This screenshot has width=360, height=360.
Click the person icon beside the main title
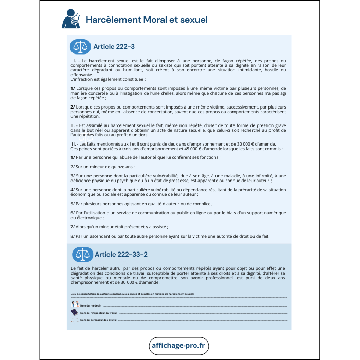pyautogui.click(x=70, y=19)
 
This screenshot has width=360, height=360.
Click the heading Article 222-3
pyautogui.click(x=114, y=47)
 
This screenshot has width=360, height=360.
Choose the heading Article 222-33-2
pyautogui.click(x=121, y=254)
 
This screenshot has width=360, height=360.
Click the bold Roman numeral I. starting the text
pyautogui.click(x=75, y=61)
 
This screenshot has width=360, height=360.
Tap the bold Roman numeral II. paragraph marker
pyautogui.click(x=73, y=125)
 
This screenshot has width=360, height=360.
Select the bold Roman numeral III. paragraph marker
pyautogui.click(x=74, y=143)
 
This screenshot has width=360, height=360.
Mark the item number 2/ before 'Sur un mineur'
pyautogui.click(x=73, y=167)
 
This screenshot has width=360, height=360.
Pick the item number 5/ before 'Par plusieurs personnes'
pyautogui.click(x=73, y=203)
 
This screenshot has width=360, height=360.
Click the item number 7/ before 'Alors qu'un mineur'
pyautogui.click(x=73, y=226)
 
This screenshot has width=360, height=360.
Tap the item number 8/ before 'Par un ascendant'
pyautogui.click(x=73, y=236)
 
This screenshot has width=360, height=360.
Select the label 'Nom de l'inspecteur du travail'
pyautogui.click(x=99, y=313)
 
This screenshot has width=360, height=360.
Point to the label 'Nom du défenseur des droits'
pyautogui.click(x=98, y=320)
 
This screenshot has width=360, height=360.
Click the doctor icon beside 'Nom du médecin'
pyautogui.click(x=74, y=304)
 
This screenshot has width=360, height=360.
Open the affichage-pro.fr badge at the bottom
pyautogui.click(x=179, y=345)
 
